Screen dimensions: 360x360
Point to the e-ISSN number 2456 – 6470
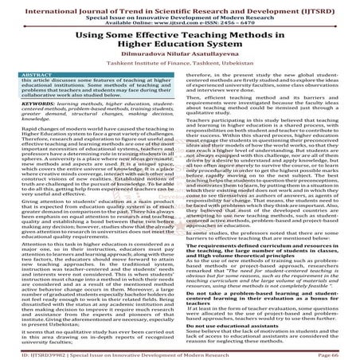tap(243, 22)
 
